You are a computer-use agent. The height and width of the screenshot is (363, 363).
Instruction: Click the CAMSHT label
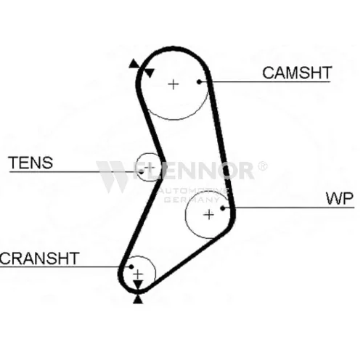pos(297,73)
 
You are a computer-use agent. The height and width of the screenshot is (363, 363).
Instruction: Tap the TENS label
pos(30,163)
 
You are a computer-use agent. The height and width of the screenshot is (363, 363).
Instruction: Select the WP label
pos(340,198)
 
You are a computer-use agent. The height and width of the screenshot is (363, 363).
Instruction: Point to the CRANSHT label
pos(39,258)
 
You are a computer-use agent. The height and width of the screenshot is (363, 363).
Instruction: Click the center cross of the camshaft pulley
pos(174,84)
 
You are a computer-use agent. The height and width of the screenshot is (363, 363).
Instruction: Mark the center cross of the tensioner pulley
pos(150,167)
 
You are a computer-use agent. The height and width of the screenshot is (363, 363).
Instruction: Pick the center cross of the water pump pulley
pos(209,215)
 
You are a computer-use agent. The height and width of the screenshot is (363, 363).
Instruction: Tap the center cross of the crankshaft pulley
pos(138,274)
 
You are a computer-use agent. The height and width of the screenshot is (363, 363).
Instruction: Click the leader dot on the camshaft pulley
pos(199,82)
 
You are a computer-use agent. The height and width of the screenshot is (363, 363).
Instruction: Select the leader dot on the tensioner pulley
pos(142,172)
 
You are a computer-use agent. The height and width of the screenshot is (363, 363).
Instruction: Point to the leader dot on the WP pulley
pos(223,208)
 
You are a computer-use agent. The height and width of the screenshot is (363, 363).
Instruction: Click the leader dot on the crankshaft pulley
pos(131,267)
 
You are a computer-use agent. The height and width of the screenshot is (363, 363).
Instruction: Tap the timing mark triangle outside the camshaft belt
pos(134,64)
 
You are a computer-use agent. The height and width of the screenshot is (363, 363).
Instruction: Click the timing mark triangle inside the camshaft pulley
pos(150,73)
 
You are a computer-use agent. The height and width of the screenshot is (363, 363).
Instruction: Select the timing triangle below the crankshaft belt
pos(138,299)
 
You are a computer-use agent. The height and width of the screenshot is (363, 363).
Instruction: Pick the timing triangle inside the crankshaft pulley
pos(138,285)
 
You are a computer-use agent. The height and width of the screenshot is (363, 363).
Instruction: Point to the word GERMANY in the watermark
pos(192,200)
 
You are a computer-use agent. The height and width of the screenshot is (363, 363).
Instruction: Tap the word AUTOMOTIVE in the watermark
pos(193,191)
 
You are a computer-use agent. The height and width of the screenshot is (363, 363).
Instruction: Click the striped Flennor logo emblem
pos(112,176)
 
